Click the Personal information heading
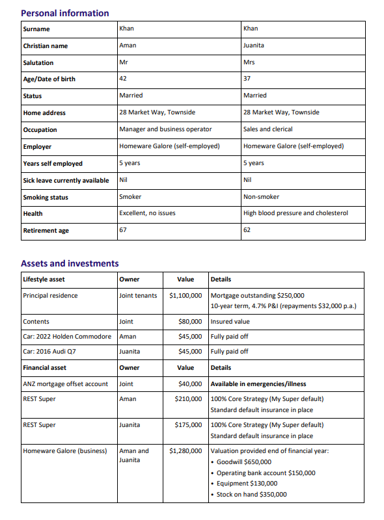pyautogui.click(x=65, y=13)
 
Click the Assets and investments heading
pyautogui.click(x=70, y=263)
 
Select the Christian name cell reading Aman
pyautogui.click(x=128, y=45)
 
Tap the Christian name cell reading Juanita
pyautogui.click(x=253, y=45)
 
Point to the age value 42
pyautogui.click(x=123, y=79)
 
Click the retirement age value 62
pyautogui.click(x=247, y=230)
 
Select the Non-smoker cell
pyautogui.click(x=258, y=196)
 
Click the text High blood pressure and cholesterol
pyautogui.click(x=295, y=213)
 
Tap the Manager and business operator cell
pyautogui.click(x=165, y=129)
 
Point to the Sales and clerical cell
pyautogui.click(x=267, y=129)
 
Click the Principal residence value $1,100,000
pyautogui.click(x=185, y=296)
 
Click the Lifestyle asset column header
pyautogui.click(x=44, y=279)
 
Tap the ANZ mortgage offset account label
pyautogui.click(x=65, y=384)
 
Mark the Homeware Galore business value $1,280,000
pyautogui.click(x=185, y=450)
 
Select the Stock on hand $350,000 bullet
pyautogui.click(x=251, y=495)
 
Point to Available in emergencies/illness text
pyautogui.click(x=258, y=384)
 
